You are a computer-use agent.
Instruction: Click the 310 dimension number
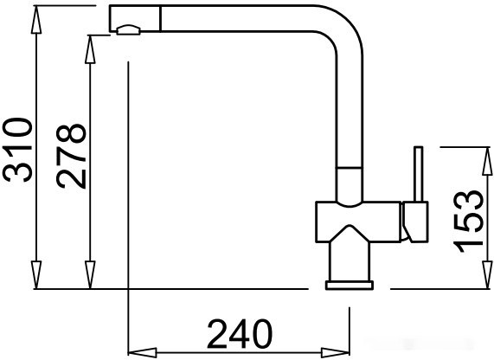click(18, 150)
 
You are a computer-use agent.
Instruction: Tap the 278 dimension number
click(72, 157)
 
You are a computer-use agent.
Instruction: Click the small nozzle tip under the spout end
click(127, 31)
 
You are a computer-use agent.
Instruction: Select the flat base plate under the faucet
click(349, 284)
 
